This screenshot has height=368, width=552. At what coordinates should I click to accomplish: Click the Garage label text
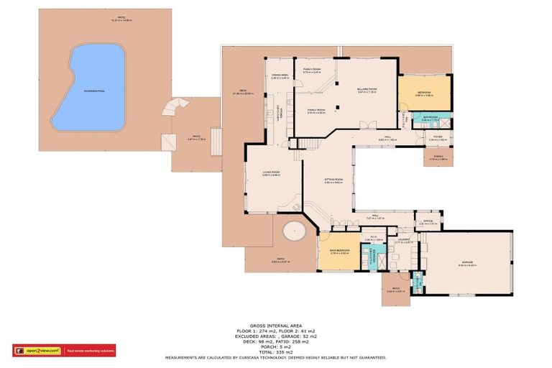tap(467, 263)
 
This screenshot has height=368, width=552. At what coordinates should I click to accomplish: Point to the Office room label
tap(428, 221)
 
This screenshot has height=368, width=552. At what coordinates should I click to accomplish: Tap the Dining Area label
tap(280, 75)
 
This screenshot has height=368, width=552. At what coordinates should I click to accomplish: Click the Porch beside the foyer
tap(438, 157)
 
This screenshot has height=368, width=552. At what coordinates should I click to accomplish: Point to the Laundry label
tap(403, 240)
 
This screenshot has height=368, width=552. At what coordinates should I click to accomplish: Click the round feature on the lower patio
tap(295, 232)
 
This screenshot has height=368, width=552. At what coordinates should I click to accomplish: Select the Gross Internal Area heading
tap(276, 325)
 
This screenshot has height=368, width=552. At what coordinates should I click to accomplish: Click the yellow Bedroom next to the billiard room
tap(425, 93)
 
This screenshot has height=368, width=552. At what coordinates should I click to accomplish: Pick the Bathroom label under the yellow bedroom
tap(430, 119)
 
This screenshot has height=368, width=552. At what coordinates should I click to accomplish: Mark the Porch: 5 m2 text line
tap(276, 345)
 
